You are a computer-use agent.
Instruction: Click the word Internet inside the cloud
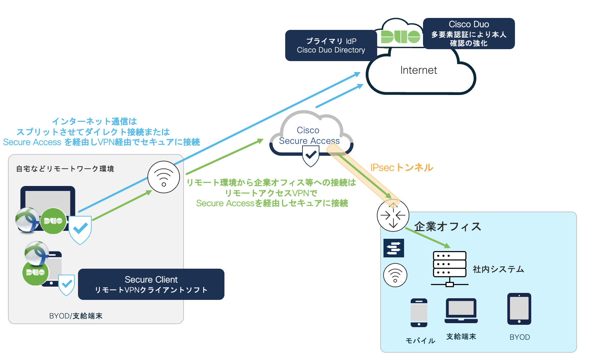(x=418, y=70)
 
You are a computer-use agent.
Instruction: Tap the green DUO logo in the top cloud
(x=400, y=37)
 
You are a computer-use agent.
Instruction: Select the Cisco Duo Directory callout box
(x=331, y=45)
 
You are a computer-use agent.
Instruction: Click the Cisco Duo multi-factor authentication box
(x=468, y=34)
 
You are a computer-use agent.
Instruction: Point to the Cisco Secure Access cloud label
(x=309, y=135)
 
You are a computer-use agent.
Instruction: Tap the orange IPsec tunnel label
(x=402, y=167)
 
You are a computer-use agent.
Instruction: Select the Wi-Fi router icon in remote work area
(x=164, y=177)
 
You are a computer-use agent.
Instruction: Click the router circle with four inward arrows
(x=393, y=216)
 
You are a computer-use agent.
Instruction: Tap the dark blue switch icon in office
(x=393, y=248)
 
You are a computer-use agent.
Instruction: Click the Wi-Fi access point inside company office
(x=395, y=275)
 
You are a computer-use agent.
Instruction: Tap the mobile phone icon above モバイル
(x=419, y=313)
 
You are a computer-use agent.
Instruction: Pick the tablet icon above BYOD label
(x=519, y=309)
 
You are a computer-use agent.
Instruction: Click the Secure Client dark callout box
(x=151, y=284)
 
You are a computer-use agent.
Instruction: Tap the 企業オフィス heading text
(x=448, y=226)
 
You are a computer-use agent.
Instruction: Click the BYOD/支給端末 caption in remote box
(x=76, y=316)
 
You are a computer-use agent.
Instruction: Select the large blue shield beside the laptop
(x=80, y=229)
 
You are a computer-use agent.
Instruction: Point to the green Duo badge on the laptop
(x=53, y=221)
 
